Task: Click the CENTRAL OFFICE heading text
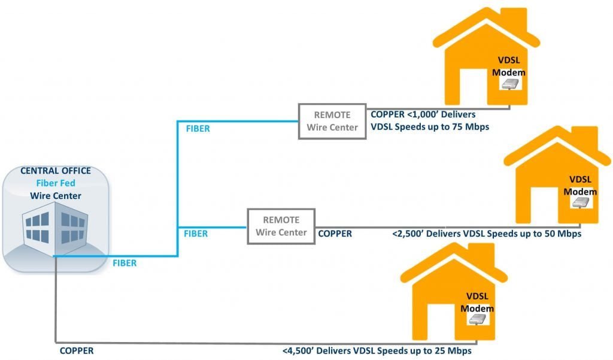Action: coord(56,171)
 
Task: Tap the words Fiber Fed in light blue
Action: coord(56,183)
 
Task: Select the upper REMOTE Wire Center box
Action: coord(332,122)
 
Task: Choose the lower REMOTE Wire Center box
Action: coord(281,226)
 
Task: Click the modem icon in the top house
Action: coord(510,84)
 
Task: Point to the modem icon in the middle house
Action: coord(581,202)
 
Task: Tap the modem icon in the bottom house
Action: coord(477,319)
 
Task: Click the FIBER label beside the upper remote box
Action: coord(198,129)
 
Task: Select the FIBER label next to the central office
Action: coord(125,263)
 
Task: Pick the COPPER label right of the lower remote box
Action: coord(335,234)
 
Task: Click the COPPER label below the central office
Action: coord(77,350)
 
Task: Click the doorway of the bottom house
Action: coord(441,322)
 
